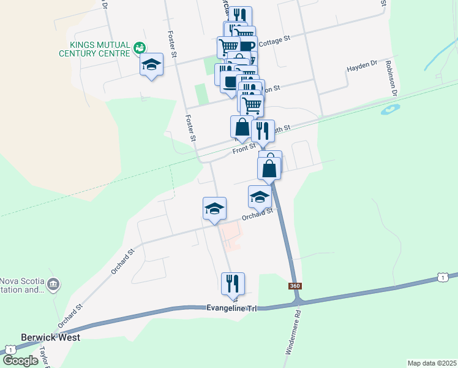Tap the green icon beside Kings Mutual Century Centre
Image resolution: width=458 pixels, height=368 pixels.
(x=140, y=47)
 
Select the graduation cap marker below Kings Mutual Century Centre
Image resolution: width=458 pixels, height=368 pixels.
(x=151, y=65)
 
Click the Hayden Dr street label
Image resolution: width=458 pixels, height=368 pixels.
(x=364, y=67)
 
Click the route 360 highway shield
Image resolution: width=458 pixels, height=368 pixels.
(x=295, y=286)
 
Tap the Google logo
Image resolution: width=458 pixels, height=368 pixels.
(x=21, y=361)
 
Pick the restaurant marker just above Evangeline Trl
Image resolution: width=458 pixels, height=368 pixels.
(x=233, y=283)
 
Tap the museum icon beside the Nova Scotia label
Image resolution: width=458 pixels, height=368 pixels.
(x=53, y=284)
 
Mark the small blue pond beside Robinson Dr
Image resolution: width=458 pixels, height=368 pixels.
(x=389, y=110)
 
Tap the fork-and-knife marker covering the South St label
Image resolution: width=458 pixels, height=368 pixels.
(x=263, y=130)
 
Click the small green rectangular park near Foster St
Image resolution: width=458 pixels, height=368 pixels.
(x=201, y=94)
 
